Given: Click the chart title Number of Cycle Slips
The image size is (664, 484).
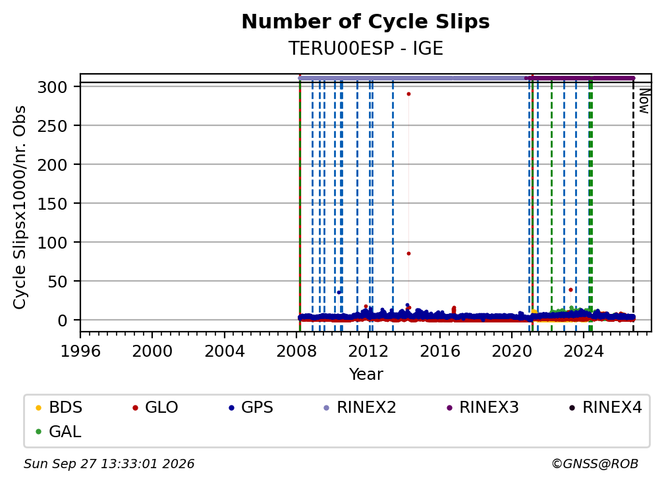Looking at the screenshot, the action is point(366,22).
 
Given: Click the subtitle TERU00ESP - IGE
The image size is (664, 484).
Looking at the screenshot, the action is point(366,48).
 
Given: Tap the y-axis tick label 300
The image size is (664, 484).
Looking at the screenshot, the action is point(53,87).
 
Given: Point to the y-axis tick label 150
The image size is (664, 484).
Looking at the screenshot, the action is point(53,204).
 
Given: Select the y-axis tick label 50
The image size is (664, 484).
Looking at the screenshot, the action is point(57,282).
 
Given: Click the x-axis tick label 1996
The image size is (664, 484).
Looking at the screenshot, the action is point(80,351).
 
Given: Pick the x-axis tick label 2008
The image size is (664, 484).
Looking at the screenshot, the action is point(296,351).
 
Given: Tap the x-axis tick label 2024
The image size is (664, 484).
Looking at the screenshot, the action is point(583,351).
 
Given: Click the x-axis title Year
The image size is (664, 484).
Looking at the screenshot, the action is point(366,375).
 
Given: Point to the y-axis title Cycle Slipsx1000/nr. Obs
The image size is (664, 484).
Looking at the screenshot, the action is point(20,207).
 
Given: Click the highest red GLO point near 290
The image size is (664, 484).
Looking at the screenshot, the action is point(408,94).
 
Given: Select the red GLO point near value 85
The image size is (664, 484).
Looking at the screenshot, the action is point(408,253).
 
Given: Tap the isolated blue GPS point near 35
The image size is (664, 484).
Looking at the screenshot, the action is point(339,292).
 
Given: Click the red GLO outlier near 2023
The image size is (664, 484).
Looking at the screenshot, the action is point(571,290).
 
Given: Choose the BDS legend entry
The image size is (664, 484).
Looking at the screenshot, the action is point(59,408).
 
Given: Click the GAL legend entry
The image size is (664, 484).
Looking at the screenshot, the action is point(59,432).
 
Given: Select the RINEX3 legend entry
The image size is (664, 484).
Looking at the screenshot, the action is point(482,408).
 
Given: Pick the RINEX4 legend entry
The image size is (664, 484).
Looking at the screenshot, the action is point(605,408).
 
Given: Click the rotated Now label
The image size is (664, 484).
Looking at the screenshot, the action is point(644,101).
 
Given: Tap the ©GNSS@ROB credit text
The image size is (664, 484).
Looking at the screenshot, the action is point(595,464).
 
